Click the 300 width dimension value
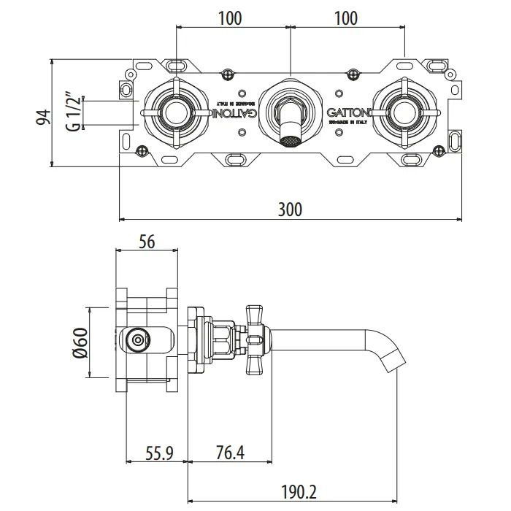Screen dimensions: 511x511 pyautogui.click(x=290, y=210)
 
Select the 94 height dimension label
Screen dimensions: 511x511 pyautogui.click(x=43, y=118)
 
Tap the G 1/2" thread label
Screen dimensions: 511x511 pyautogui.click(x=72, y=112)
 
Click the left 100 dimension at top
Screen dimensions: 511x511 pyautogui.click(x=230, y=18)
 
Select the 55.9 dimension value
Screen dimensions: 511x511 pyautogui.click(x=158, y=454)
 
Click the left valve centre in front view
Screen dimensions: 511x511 pyautogui.click(x=176, y=112)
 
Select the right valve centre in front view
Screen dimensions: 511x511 pyautogui.click(x=403, y=112)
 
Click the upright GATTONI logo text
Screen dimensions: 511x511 pyautogui.click(x=348, y=113)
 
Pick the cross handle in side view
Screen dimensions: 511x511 pyautogui.click(x=257, y=339)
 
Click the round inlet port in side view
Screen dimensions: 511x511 pyautogui.click(x=136, y=339)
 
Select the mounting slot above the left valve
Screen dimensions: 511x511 pyautogui.click(x=176, y=66)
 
